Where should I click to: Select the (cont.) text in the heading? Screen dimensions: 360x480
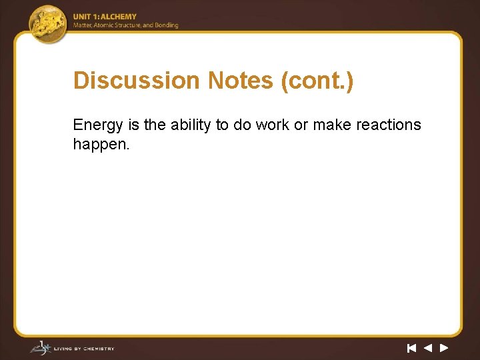317,81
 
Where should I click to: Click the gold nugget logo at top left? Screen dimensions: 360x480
49,23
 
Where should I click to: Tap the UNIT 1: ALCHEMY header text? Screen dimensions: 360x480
105,17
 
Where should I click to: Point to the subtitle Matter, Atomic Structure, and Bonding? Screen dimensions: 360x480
126,25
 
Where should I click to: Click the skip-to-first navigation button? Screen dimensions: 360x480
411,348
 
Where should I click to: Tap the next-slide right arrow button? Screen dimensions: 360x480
444,348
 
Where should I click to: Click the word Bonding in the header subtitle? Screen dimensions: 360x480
167,25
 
